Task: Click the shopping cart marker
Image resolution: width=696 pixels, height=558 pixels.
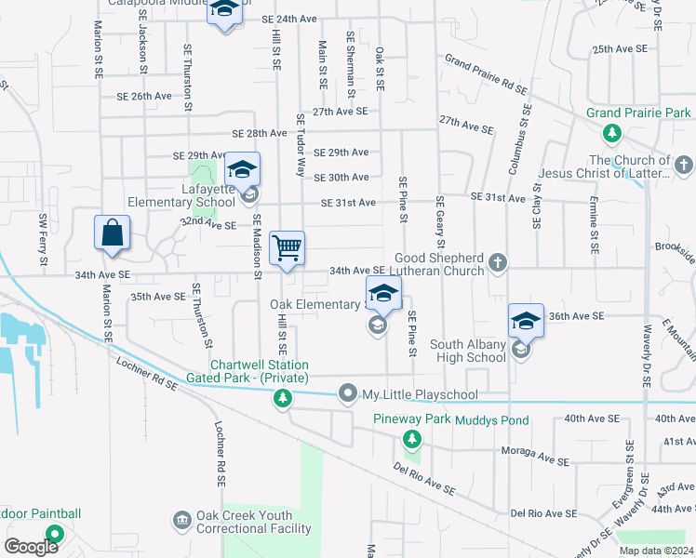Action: (x=287, y=248)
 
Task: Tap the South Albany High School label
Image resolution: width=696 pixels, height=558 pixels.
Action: (x=467, y=351)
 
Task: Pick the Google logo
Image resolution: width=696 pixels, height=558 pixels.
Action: (x=31, y=546)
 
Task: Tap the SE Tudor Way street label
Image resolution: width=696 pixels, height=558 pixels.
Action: (x=301, y=145)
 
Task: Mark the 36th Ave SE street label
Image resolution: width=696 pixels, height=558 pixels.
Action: (x=577, y=316)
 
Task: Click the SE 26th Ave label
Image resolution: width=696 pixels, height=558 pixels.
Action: (x=144, y=96)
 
